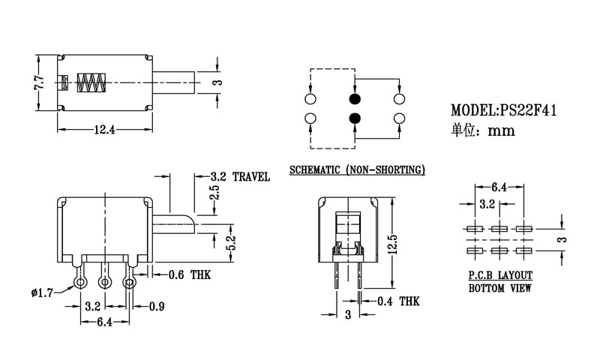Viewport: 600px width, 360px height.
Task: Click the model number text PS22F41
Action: click(x=527, y=110)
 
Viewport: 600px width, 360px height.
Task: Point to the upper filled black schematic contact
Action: click(x=354, y=100)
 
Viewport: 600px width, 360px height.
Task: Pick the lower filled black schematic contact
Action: click(x=354, y=118)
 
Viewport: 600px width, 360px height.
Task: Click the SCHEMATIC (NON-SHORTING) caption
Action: click(x=356, y=169)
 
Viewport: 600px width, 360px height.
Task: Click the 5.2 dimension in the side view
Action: click(x=231, y=241)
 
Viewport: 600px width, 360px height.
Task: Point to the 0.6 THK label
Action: click(x=187, y=275)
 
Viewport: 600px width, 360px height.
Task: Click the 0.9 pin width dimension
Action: click(x=157, y=307)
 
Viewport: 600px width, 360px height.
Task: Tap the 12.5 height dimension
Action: click(x=391, y=245)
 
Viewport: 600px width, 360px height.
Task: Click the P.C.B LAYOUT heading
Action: click(x=500, y=275)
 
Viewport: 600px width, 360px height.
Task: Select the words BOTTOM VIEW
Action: click(x=500, y=287)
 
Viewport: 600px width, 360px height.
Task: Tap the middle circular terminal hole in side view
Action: click(x=104, y=282)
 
